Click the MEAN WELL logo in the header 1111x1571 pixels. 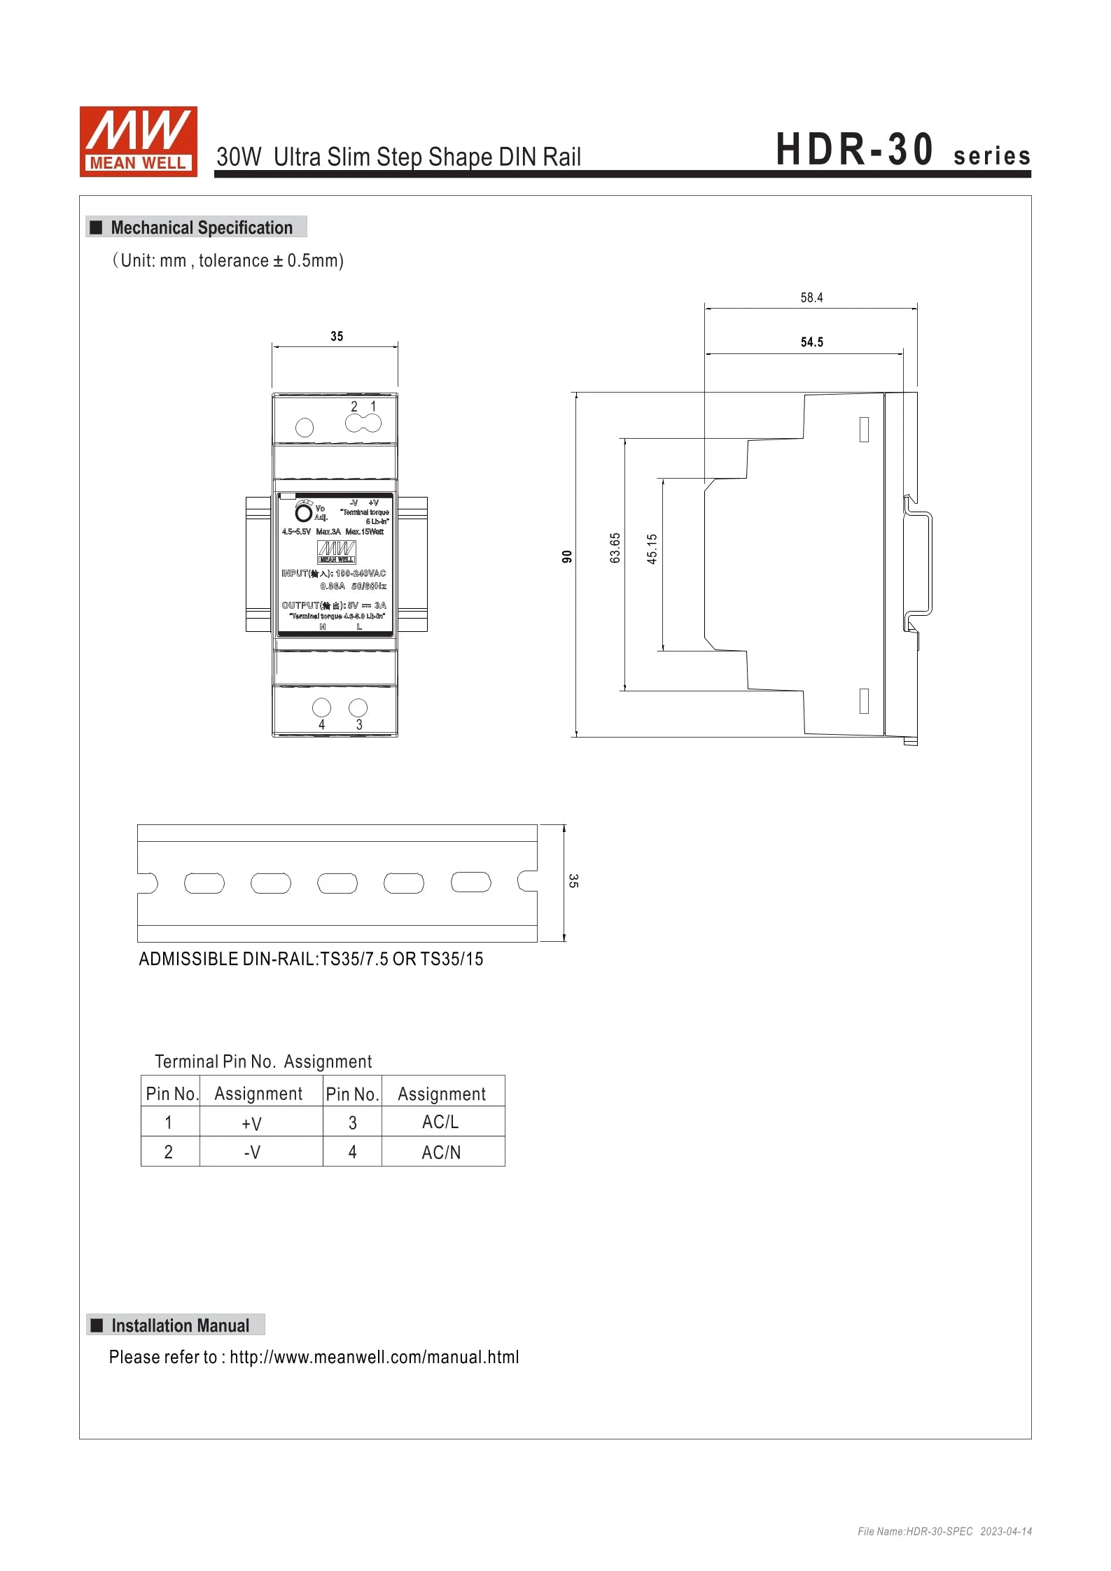pos(138,141)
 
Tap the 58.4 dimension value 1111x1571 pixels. pos(811,298)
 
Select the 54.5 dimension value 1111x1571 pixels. pos(811,342)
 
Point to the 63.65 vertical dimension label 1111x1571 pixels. pos(615,548)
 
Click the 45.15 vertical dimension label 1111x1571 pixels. pos(652,549)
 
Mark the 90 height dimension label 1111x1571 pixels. pos(567,556)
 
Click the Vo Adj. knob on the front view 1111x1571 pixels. pos(304,513)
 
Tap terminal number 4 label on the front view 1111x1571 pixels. pos(321,725)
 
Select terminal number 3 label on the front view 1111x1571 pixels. pos(359,725)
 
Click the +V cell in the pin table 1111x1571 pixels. pos(251,1124)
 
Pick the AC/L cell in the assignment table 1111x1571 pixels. pos(440,1122)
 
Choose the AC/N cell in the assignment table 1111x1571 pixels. pos(441,1153)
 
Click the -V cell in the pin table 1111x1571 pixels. pos(252,1153)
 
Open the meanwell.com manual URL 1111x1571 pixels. pos(374,1358)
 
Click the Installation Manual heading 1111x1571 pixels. pos(180,1325)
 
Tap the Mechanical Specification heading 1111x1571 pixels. pos(202,227)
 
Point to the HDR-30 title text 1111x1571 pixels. pos(854,150)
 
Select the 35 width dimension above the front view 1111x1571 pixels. pos(337,337)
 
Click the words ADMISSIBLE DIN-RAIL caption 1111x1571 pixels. pos(228,959)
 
